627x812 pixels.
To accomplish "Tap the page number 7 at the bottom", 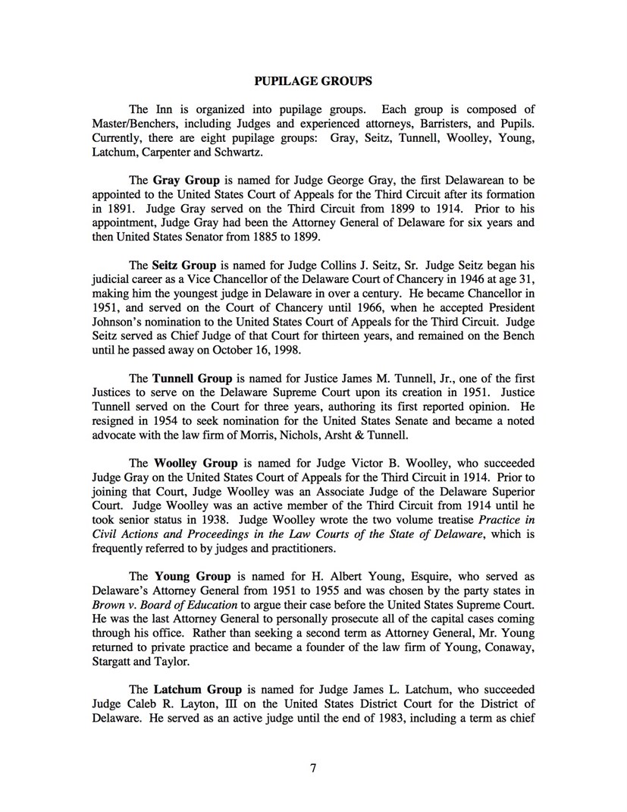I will [x=313, y=767].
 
